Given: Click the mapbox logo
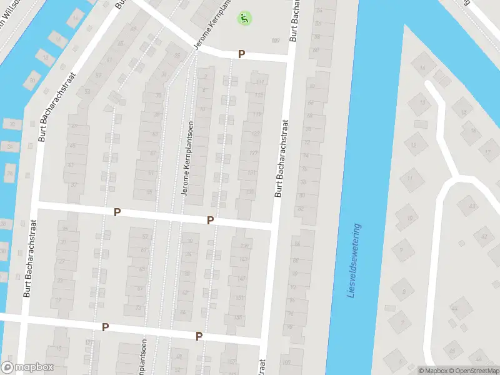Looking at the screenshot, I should point(27,367).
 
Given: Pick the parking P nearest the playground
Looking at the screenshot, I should point(241,55).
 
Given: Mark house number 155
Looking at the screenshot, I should point(237,317).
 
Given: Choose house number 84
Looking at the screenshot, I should point(297,244).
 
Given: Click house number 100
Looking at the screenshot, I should point(286,362).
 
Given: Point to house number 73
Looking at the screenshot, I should point(138,308).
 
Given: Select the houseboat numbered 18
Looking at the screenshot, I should point(46,58).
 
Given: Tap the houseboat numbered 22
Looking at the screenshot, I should point(11,124).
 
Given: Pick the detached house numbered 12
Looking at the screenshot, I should point(414,146).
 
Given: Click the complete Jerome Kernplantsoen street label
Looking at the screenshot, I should point(186,159).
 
